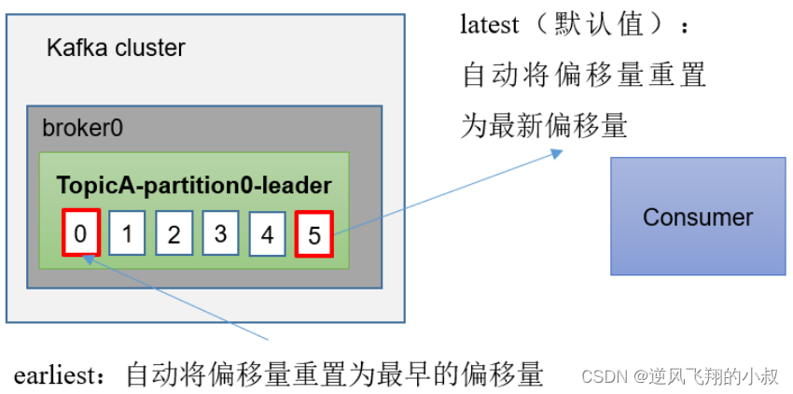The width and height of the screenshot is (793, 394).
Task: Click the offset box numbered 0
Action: coord(81,233)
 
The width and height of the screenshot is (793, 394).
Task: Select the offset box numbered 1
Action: coord(127,233)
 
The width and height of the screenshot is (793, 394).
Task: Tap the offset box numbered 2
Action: coord(174,233)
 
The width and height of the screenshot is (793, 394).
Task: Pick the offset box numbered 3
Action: coord(220,233)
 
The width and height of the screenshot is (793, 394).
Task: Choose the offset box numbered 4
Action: coord(267,233)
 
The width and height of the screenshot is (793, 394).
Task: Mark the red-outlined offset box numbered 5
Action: coord(314,234)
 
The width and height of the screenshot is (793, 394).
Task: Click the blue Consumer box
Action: coord(698,217)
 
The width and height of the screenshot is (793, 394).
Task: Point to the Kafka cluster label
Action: coord(116,48)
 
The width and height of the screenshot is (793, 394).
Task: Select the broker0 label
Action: coord(82,128)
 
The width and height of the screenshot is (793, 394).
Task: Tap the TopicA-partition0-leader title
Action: coord(194,186)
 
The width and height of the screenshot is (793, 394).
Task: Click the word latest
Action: coord(490,25)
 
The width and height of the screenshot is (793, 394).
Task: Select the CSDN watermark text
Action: coord(606,376)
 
